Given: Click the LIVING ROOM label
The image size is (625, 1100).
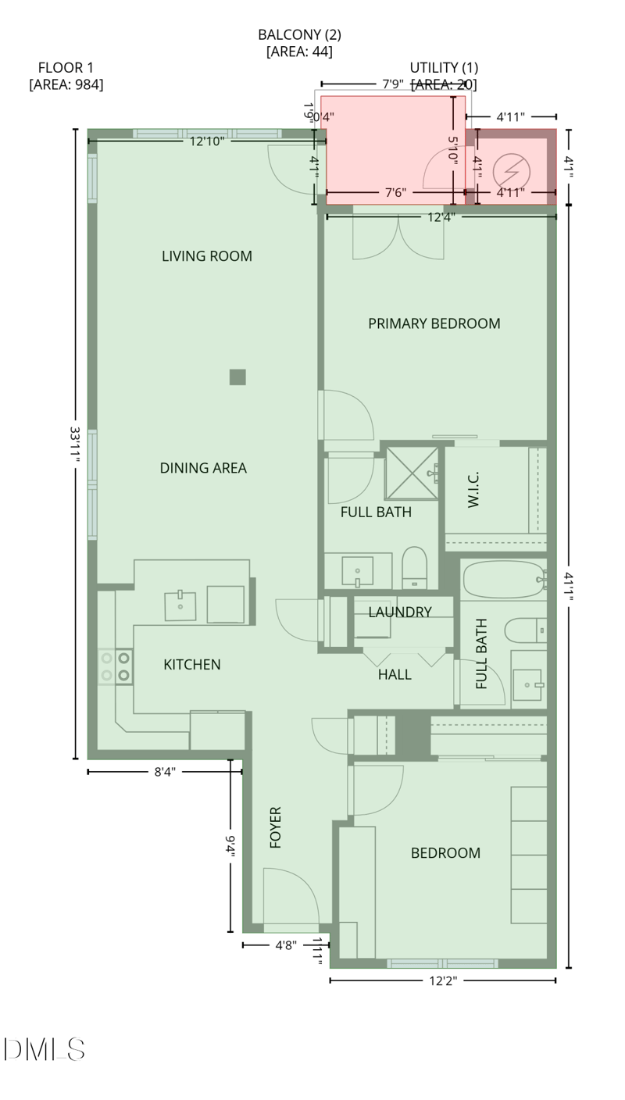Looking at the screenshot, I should pos(206,256).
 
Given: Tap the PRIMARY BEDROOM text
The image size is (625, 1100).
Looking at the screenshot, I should pos(434,323).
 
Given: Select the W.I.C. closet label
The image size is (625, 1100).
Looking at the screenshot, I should pos(473,490).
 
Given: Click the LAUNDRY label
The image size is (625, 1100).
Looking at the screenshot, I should pos(399,612).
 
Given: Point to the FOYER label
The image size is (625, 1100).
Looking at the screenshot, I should pos(275,827).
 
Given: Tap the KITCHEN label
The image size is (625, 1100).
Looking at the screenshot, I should pos(191,665).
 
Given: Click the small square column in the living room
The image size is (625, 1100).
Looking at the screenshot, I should pos(237,377).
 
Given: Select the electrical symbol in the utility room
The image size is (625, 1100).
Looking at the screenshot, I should pos(512,170).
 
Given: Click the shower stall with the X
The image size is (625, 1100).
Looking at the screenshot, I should pos(412,473).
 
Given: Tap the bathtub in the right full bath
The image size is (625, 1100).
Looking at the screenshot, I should pos(502,579).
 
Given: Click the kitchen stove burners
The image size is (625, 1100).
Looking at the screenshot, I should pos(115,666).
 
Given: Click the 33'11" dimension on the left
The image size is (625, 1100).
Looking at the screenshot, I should pos(76,445).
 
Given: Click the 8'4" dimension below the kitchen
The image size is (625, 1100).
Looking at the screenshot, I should pos(164,772).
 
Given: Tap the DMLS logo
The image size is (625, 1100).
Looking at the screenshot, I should pos(44,1049).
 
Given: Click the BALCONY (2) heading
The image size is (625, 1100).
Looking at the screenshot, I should pos(299,35).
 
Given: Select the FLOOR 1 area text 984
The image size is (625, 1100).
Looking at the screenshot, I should pos(66,84).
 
